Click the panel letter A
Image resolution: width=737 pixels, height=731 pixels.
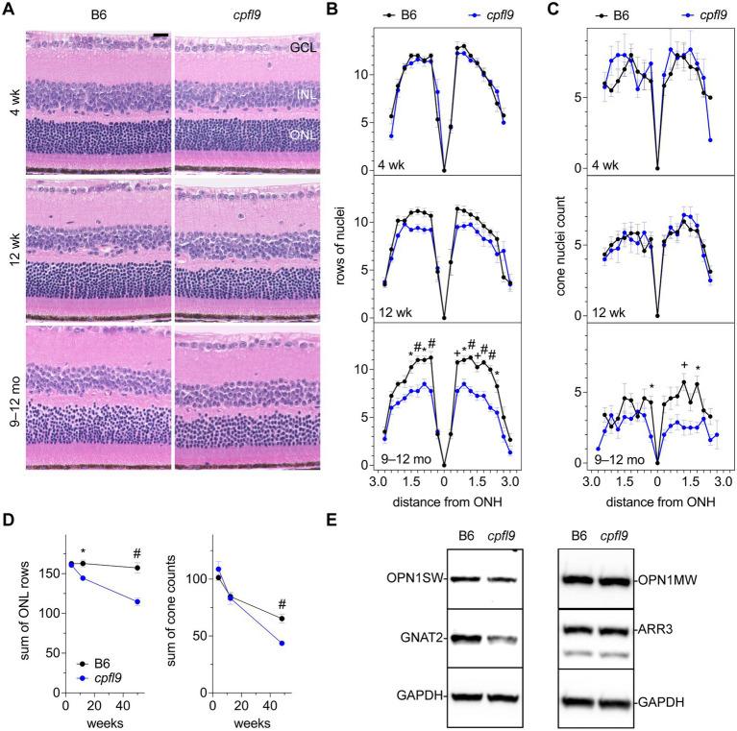[11, 11]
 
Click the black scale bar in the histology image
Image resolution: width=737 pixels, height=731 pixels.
[160, 36]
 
